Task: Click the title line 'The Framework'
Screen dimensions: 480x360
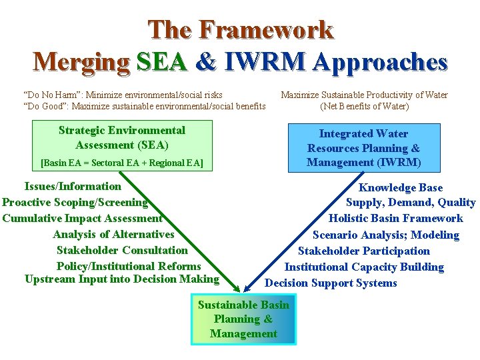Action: (x=240, y=30)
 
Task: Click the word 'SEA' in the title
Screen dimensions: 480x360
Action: (x=161, y=62)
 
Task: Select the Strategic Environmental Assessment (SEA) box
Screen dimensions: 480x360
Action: (x=122, y=145)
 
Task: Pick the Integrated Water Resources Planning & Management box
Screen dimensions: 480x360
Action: (x=363, y=148)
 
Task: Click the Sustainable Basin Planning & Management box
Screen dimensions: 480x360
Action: (x=243, y=319)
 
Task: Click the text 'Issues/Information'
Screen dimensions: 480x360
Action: (x=73, y=187)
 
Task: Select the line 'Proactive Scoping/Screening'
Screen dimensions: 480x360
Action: (x=75, y=202)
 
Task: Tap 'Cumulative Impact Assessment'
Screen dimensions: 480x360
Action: (x=82, y=218)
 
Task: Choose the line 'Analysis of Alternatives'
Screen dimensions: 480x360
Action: (x=113, y=234)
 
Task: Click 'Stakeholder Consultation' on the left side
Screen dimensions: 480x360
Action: (x=122, y=250)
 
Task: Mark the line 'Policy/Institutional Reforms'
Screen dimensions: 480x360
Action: (x=129, y=266)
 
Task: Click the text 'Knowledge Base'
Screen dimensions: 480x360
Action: (x=400, y=188)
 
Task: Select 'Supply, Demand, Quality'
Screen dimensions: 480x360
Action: (x=410, y=203)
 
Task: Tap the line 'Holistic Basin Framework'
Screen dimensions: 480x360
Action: (x=395, y=219)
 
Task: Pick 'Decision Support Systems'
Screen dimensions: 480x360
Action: (x=331, y=283)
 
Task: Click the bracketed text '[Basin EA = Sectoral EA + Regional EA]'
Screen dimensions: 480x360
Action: (x=122, y=162)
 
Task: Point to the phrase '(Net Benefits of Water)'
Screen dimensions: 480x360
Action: (x=364, y=106)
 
